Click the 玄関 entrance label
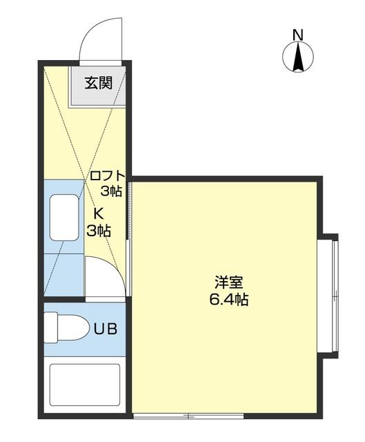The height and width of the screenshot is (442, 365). click(x=99, y=84)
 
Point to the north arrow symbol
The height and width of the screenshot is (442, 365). click(x=298, y=57)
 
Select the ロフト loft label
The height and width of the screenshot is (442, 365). click(x=106, y=175)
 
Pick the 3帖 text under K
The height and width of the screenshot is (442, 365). click(x=99, y=231)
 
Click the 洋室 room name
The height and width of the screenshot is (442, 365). click(x=228, y=282)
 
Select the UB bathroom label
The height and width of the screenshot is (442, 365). click(x=106, y=329)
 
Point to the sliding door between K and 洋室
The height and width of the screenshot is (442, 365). click(x=128, y=207)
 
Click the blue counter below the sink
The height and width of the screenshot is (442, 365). click(x=63, y=273)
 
